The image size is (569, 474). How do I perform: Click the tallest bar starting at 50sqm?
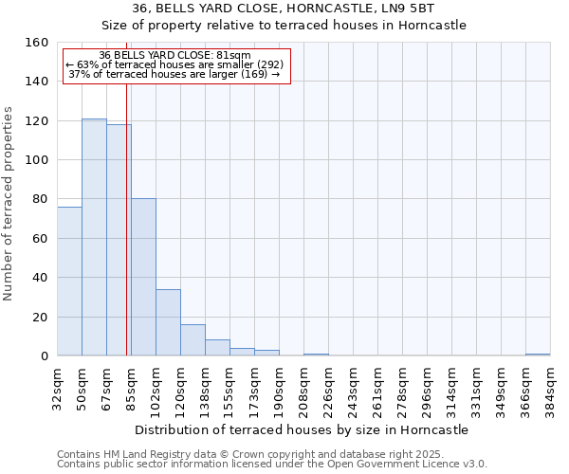tap(94, 237)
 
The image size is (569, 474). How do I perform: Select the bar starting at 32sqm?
tap(69, 282)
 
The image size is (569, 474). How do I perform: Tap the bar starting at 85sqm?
tap(143, 277)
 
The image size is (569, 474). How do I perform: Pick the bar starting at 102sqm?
tap(168, 322)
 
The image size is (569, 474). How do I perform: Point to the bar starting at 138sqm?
tap(217, 348)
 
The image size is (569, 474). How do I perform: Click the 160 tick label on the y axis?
tap(37, 43)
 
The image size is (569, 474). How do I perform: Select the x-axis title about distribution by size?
tap(303, 430)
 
